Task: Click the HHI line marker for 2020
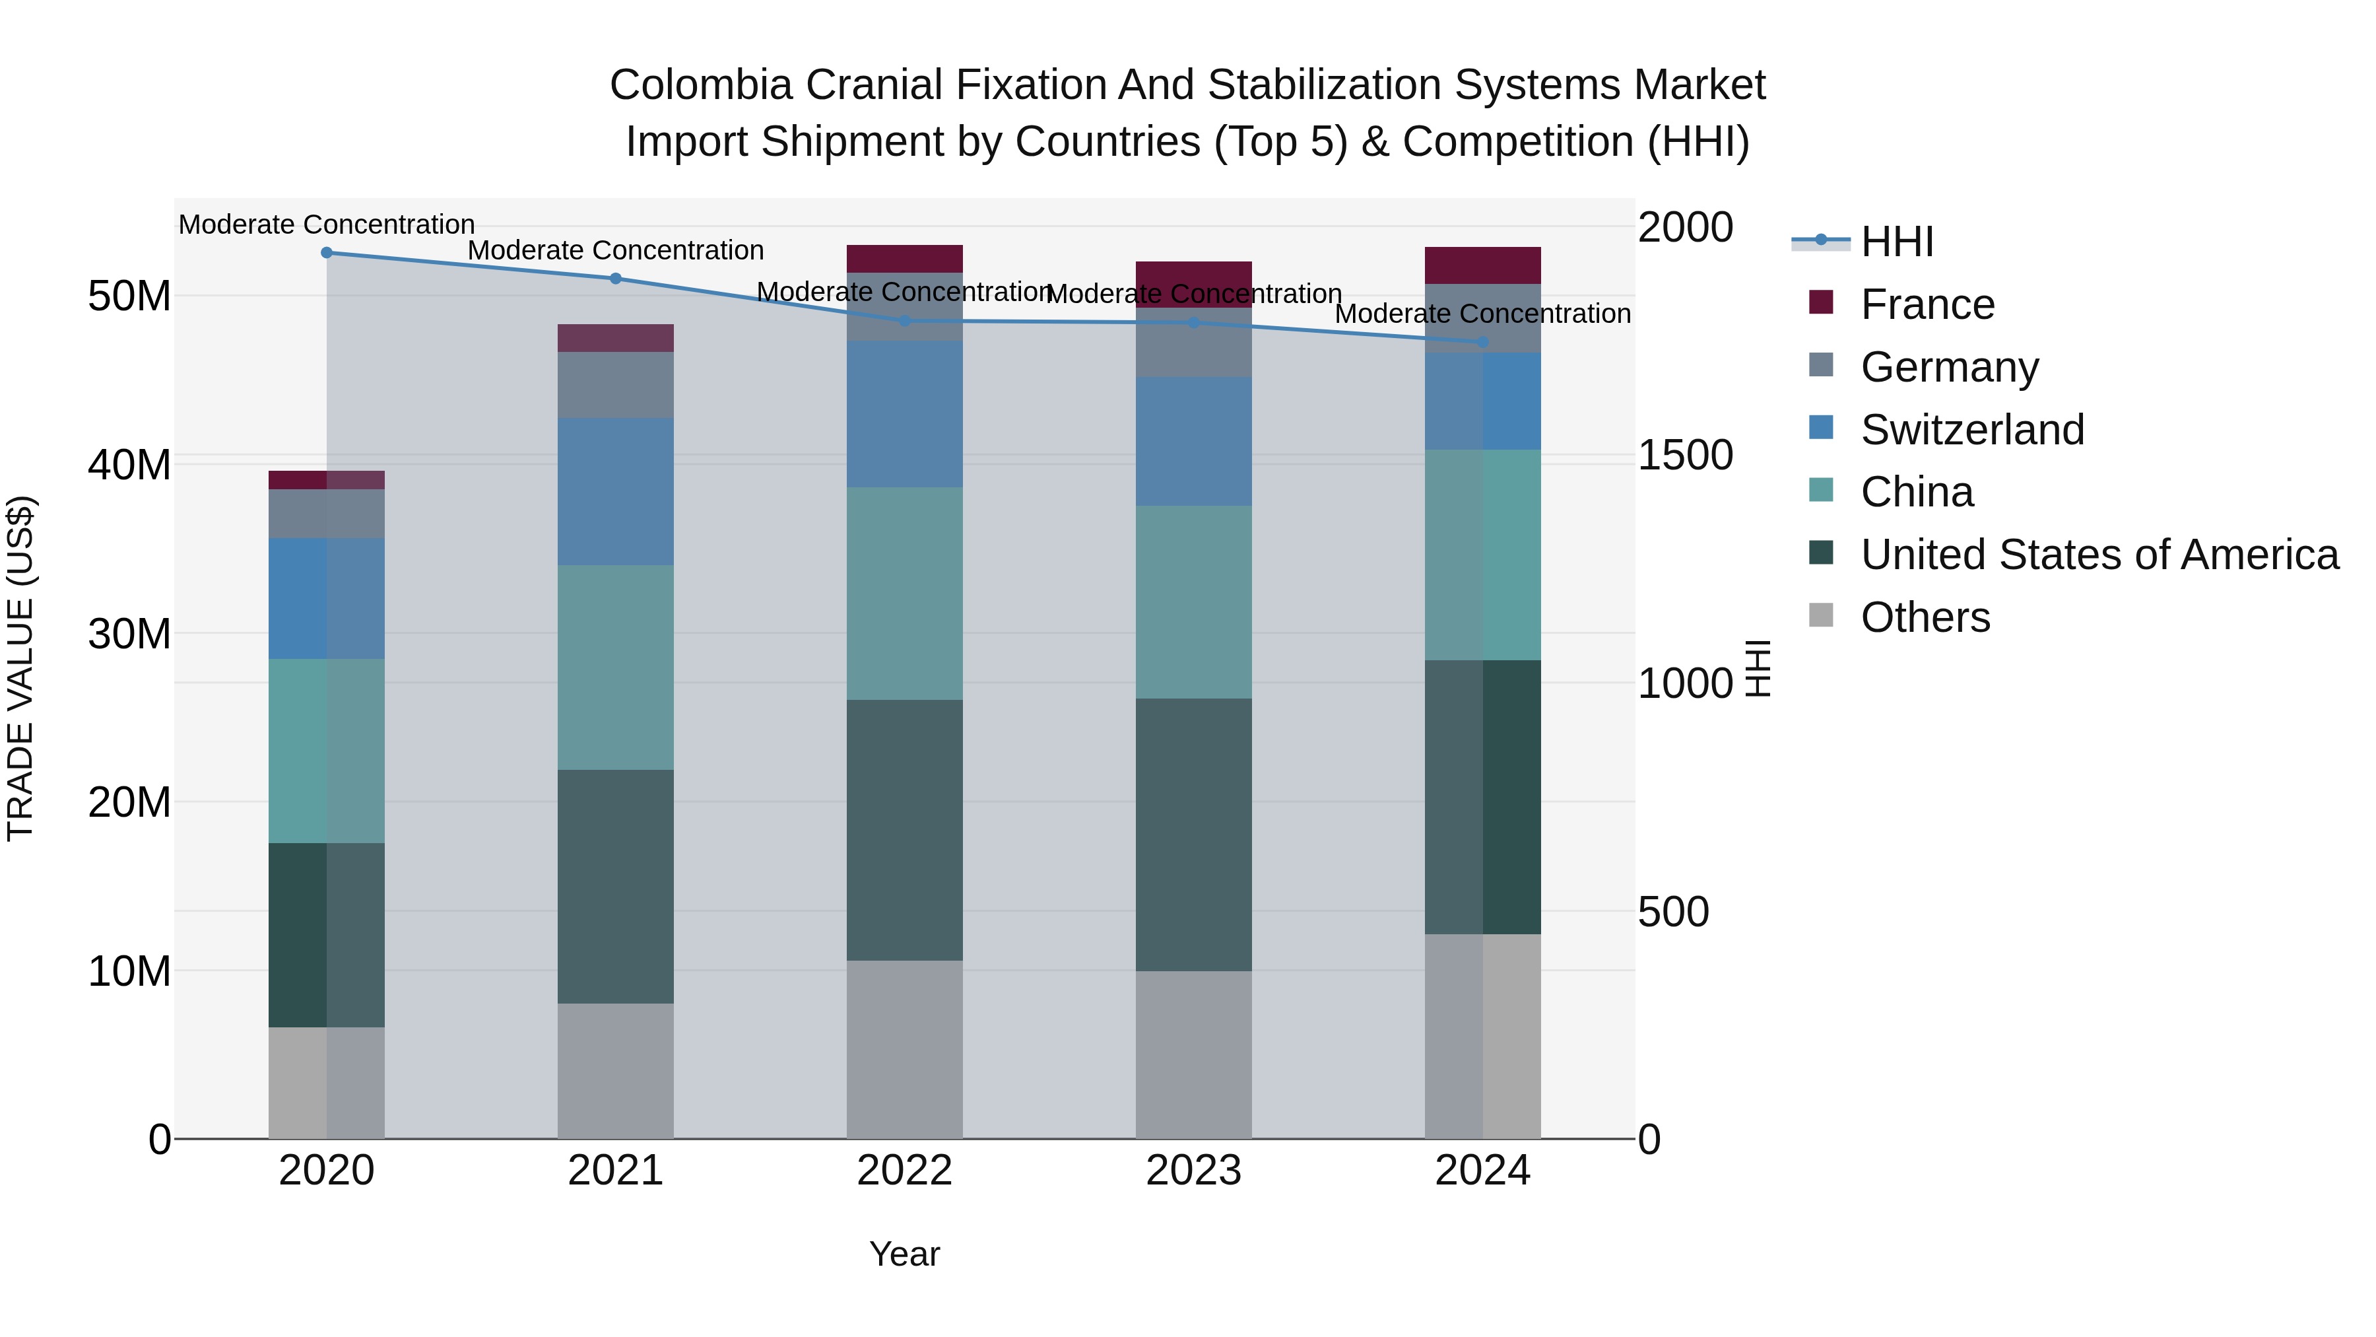click(327, 253)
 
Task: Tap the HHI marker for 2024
click(1482, 342)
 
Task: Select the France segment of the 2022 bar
click(904, 258)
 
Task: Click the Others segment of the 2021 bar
click(615, 1070)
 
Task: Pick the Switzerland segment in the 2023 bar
click(1193, 441)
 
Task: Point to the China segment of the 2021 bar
click(615, 667)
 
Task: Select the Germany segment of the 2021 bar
click(615, 385)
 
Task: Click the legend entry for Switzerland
click(1972, 430)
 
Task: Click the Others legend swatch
click(1821, 615)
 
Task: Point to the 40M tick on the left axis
click(129, 464)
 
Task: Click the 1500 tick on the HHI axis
click(1684, 456)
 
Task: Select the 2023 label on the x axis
click(1193, 1171)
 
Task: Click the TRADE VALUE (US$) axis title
click(20, 668)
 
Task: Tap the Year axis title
click(904, 1254)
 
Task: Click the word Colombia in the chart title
click(700, 85)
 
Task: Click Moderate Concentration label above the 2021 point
click(615, 250)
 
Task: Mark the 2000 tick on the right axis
click(1684, 227)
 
